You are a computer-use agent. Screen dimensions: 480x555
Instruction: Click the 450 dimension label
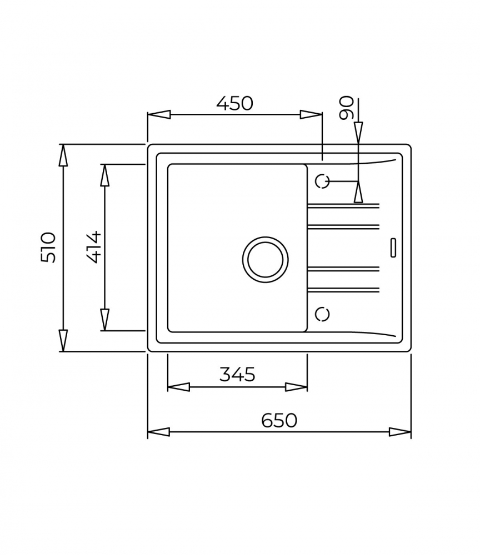[x=234, y=103]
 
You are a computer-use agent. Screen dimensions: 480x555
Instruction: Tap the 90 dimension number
[x=346, y=108]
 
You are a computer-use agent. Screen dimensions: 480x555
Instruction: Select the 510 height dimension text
[x=48, y=247]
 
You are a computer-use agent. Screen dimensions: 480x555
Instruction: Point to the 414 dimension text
[x=94, y=247]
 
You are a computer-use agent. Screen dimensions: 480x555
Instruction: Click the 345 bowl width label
[x=237, y=374]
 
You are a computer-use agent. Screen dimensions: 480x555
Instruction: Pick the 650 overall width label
[x=279, y=420]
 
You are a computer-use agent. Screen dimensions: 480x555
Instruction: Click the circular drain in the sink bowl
[x=266, y=259]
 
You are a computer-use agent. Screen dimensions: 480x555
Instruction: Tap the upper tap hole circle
[x=322, y=181]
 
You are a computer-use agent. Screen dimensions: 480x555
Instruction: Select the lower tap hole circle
[x=322, y=314]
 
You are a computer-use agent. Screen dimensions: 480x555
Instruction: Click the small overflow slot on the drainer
[x=393, y=248]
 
